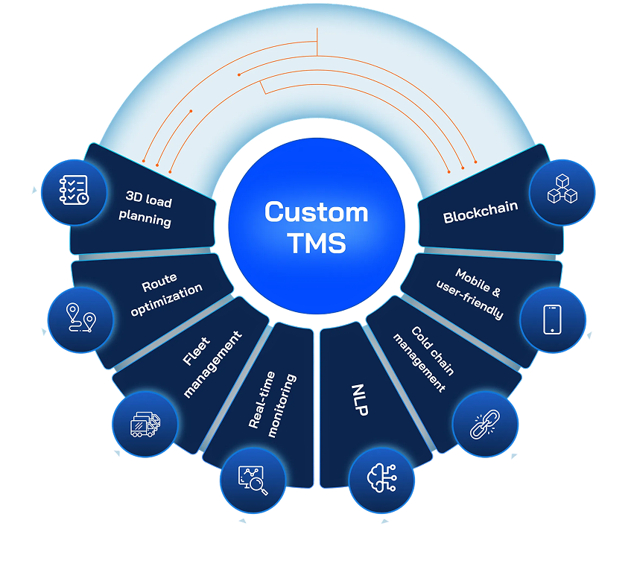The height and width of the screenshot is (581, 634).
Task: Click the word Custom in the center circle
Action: [x=317, y=212]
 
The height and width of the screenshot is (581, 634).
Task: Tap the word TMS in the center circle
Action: [x=317, y=244]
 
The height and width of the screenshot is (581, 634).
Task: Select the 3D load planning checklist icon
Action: [x=74, y=191]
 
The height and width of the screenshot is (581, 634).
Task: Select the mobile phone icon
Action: [x=552, y=320]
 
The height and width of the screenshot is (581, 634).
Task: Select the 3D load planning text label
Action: [x=148, y=211]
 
